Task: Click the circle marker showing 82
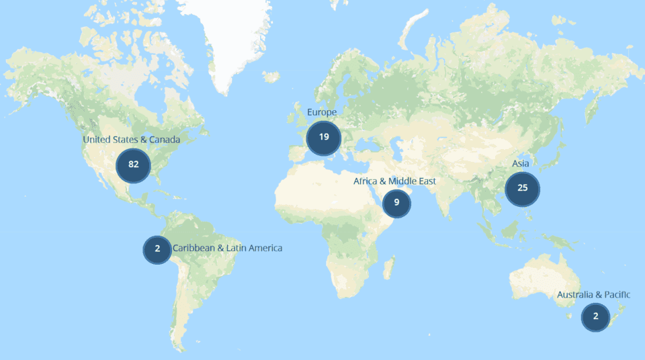click(133, 165)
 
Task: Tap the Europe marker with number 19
click(324, 137)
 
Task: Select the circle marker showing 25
click(522, 188)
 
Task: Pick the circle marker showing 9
click(396, 202)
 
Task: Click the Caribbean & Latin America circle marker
click(157, 249)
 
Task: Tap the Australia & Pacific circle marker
click(595, 316)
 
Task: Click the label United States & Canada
click(132, 140)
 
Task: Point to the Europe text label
click(322, 111)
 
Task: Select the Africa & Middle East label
click(394, 181)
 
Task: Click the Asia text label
click(521, 164)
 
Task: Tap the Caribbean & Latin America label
click(228, 249)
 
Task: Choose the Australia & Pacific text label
click(593, 295)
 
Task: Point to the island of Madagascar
click(388, 269)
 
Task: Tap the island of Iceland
click(271, 77)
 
